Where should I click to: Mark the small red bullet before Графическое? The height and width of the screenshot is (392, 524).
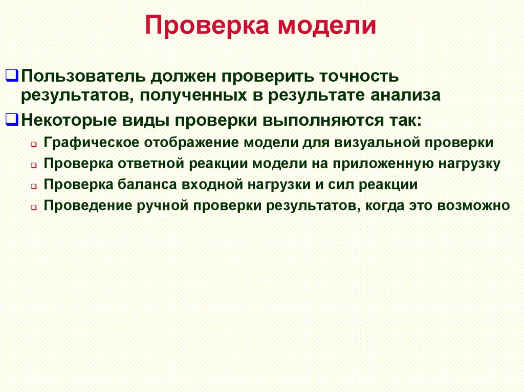(x=33, y=144)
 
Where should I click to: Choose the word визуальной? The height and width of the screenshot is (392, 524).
(x=377, y=143)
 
